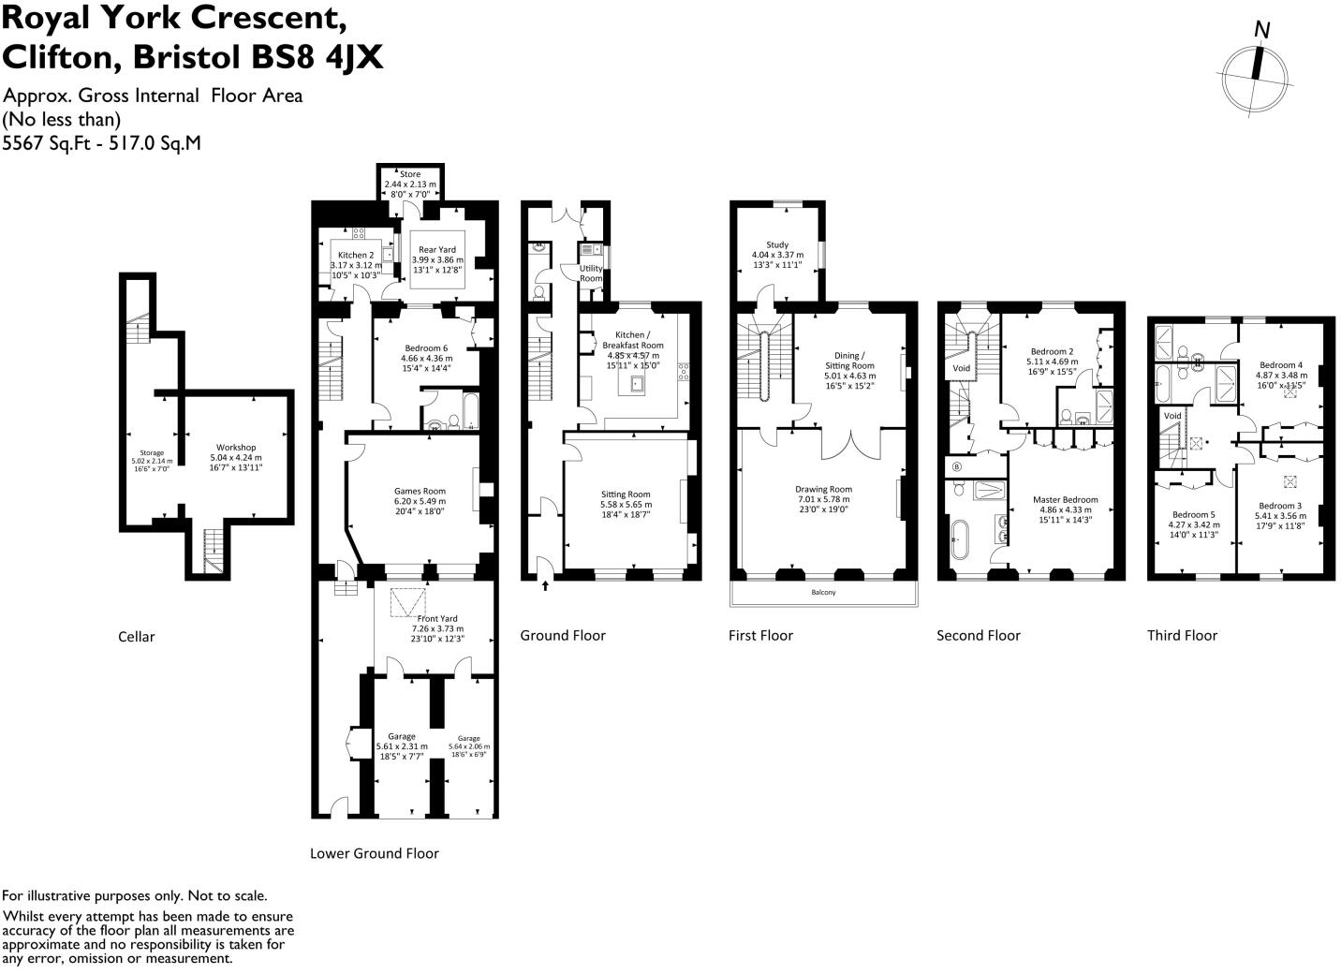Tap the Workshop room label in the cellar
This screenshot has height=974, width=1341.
[x=236, y=448]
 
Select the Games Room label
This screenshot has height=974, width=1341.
[x=420, y=491]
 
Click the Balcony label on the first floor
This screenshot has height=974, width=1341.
[x=823, y=593]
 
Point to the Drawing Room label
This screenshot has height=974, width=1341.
[x=823, y=489]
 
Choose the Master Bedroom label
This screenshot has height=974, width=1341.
[x=1065, y=499]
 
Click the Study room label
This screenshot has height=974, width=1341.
[x=777, y=244]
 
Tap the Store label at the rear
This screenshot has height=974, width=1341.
[x=410, y=174]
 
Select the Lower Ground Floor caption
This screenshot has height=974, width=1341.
[x=374, y=853]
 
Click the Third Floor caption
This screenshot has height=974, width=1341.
[x=1182, y=635]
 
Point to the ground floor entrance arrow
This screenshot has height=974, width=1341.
[x=545, y=586]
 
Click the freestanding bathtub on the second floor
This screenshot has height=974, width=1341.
[x=957, y=540]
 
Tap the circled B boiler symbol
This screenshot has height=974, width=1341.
[x=956, y=466]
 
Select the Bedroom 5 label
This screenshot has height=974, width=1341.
[x=1194, y=514]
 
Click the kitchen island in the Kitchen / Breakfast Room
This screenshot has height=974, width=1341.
[x=638, y=383]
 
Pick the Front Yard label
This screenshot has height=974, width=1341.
[x=437, y=618]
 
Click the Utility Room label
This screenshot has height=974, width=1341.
[x=591, y=273]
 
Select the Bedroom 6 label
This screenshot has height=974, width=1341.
[x=426, y=348]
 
